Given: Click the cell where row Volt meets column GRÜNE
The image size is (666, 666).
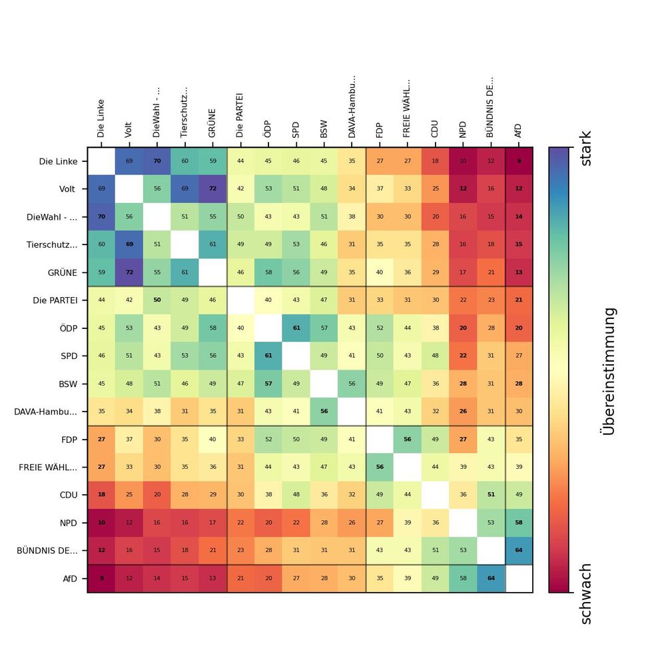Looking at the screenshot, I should [212, 189].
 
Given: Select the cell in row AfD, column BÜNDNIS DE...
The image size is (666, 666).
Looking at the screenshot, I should [491, 578].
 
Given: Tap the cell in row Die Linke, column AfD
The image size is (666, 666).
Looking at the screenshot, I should [519, 161].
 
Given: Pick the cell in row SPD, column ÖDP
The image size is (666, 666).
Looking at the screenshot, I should [268, 356].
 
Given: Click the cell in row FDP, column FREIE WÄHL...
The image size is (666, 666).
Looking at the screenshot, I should [408, 439].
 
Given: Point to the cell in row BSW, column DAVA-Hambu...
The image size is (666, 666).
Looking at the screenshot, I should [352, 384].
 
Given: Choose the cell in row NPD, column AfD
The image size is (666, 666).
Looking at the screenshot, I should [519, 522].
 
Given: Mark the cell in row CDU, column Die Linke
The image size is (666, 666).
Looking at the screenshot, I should [101, 495].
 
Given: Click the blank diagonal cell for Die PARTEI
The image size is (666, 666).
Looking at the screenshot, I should [240, 300].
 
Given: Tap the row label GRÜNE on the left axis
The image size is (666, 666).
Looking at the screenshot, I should [62, 272].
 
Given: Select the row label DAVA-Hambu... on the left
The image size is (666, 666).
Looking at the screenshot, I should [45, 412].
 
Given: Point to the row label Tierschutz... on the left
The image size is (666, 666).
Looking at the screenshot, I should [52, 244].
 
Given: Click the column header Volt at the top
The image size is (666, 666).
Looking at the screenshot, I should [129, 129].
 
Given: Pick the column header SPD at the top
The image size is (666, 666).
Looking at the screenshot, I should [296, 129].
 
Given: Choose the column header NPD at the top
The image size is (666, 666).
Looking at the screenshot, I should [463, 129].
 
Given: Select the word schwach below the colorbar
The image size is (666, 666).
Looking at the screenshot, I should [585, 594].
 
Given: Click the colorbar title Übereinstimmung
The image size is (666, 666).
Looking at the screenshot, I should [607, 370].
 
